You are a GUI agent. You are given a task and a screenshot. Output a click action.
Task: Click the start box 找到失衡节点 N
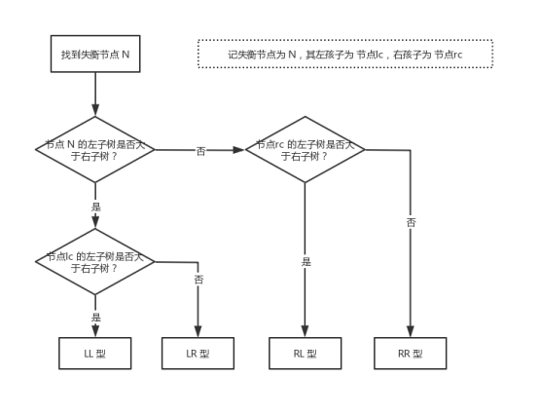(95, 54)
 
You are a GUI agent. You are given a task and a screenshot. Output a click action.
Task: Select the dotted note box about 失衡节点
(344, 55)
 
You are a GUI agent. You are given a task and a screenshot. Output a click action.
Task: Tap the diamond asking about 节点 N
(95, 149)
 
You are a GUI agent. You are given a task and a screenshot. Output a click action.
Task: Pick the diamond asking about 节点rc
(305, 149)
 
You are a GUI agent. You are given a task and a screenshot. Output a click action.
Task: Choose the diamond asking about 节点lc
(95, 261)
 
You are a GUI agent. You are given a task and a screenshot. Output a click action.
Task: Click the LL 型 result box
(95, 354)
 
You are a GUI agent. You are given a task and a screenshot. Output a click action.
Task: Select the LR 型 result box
(198, 354)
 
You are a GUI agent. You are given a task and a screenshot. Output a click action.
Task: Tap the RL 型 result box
(305, 354)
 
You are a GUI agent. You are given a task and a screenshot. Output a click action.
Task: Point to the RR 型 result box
(410, 354)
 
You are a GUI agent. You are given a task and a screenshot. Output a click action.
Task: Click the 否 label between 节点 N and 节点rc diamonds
(200, 151)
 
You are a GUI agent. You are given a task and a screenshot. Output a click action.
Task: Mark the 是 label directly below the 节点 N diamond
(95, 207)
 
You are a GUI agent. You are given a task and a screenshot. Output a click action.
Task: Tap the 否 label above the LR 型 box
(198, 280)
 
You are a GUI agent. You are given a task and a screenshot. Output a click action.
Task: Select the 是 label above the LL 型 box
(95, 318)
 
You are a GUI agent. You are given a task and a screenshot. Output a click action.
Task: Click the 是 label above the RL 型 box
(305, 262)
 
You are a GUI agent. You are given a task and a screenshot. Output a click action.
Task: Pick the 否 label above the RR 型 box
(411, 223)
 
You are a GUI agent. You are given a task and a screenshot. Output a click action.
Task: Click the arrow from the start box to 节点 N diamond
(95, 94)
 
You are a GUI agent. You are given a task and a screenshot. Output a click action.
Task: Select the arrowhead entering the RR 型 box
(410, 332)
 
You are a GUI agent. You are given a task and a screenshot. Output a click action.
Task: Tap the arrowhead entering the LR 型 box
(198, 332)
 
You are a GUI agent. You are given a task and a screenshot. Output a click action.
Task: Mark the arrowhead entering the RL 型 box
(305, 332)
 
